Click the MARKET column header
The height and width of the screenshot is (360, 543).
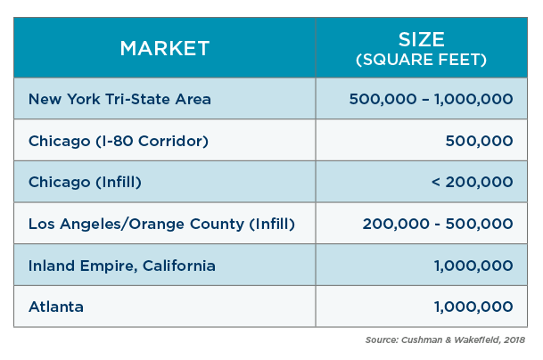point(165,48)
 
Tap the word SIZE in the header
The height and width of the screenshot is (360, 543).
point(422,39)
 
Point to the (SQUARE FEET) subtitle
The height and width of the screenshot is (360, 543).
point(422,60)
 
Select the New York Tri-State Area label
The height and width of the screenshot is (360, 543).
point(119,99)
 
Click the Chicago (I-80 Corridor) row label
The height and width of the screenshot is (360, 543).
point(119,141)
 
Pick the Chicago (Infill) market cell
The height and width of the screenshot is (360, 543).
point(85,182)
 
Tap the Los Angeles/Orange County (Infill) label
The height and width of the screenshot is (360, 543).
point(161,224)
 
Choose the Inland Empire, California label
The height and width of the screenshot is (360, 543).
point(122,266)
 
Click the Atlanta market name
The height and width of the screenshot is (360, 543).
point(56,307)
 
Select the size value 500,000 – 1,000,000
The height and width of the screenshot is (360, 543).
point(432,99)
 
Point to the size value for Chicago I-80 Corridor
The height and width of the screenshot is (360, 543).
point(480,141)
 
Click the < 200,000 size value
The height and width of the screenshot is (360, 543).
point(473,182)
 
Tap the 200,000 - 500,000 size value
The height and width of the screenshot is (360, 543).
point(438,224)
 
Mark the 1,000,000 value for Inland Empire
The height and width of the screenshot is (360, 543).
point(473,266)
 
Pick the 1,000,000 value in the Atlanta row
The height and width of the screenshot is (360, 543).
point(473,307)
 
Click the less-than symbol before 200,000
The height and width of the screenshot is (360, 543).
point(436,182)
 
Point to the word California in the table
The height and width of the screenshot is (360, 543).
point(179,266)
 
